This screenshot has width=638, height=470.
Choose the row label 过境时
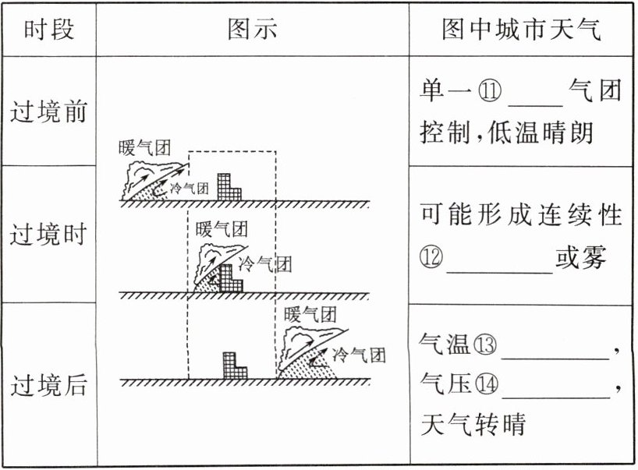click(x=48, y=235)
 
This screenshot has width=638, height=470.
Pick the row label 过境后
click(x=48, y=386)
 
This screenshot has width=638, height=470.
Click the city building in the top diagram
click(x=229, y=187)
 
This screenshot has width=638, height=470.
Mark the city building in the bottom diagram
click(x=233, y=366)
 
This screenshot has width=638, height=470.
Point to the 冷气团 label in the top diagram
click(x=190, y=188)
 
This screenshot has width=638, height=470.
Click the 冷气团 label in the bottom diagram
click(x=360, y=355)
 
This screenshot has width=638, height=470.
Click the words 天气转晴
click(x=473, y=425)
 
